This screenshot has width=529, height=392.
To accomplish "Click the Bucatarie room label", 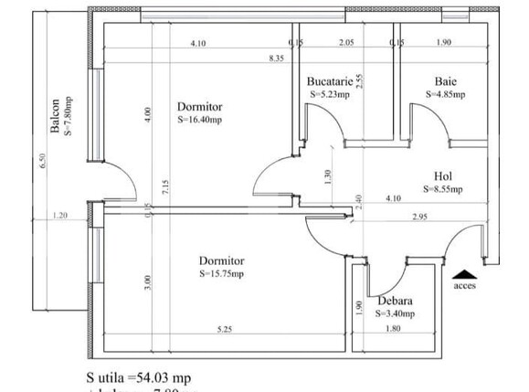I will point(331,80).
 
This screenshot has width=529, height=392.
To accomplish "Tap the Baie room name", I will point(446,80).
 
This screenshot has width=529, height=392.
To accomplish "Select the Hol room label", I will point(444,176).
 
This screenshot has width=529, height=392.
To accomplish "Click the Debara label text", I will point(395,302).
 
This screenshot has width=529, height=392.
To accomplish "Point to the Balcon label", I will point(56,116).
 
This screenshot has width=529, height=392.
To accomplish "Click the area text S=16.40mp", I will point(199,118).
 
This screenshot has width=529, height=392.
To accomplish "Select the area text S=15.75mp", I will point(222,273).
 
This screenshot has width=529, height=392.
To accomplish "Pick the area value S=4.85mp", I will point(446,93).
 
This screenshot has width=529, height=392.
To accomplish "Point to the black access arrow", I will point(465,272).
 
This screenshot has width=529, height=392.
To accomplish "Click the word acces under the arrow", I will point(465,284).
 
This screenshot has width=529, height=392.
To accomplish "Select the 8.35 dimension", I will point(275,58).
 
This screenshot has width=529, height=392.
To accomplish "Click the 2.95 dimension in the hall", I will point(419,216).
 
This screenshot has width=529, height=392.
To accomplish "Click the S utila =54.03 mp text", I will point(139,376).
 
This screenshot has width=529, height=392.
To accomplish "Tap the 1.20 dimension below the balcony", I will point(61,216).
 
